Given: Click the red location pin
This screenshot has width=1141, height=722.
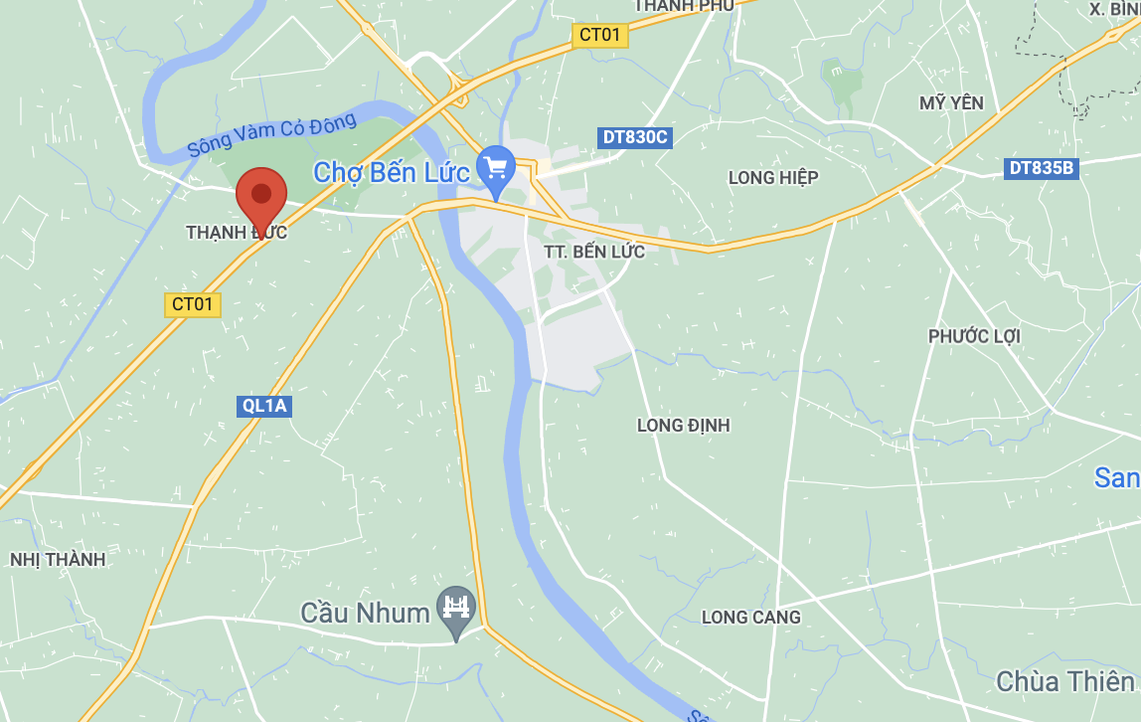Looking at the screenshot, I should click(x=261, y=196).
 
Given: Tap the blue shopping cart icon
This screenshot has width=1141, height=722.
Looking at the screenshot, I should click(x=495, y=167).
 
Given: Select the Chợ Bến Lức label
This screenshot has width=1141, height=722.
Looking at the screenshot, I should click(x=391, y=172).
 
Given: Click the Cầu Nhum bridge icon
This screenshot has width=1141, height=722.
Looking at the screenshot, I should click(x=456, y=608).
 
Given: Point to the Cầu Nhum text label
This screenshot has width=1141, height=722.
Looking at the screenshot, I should click(x=365, y=612).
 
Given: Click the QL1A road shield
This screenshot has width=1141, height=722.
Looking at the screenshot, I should click(x=265, y=406).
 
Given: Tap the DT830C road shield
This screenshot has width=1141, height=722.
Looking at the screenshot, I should click(x=635, y=137).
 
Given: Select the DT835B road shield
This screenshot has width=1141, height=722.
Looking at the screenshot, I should click(x=1042, y=168).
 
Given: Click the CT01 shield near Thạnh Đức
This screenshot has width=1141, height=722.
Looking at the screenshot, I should click(x=193, y=304).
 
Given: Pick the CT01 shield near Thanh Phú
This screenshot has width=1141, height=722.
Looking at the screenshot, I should click(x=600, y=35).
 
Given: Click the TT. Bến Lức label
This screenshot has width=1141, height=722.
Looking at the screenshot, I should click(x=594, y=252).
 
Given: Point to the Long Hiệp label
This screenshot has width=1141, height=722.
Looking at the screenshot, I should click(x=773, y=177).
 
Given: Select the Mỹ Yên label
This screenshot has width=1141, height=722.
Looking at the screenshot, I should click(x=951, y=103).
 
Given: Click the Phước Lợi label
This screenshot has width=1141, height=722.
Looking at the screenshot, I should click(x=974, y=336).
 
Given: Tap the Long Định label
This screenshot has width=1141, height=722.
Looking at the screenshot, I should click(x=683, y=426).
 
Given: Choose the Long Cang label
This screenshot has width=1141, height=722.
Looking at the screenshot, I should click(x=750, y=618).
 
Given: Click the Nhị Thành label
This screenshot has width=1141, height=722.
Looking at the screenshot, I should click(x=58, y=560).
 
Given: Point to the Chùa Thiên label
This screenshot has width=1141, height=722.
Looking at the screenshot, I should click(x=1064, y=681).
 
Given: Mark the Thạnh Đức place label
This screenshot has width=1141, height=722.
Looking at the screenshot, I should click(x=237, y=233).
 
